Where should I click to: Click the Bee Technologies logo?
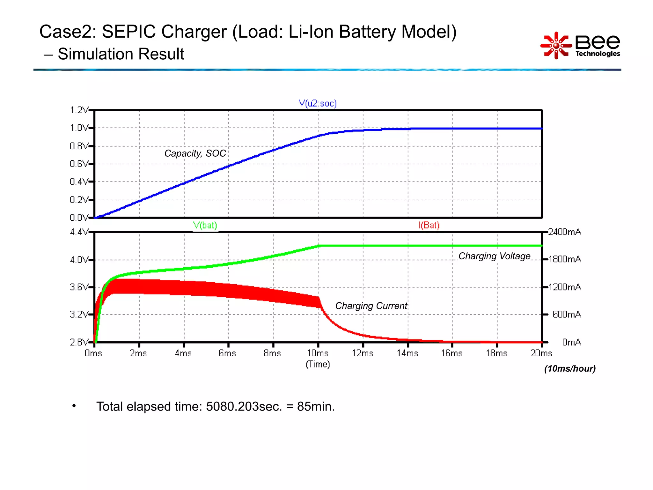(580, 46)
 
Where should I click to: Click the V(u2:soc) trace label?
(317, 103)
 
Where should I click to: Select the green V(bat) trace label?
(205, 225)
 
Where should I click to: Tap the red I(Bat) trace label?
(429, 225)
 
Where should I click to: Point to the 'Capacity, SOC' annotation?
(195, 153)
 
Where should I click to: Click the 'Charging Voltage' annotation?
(494, 256)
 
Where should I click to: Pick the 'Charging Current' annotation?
(371, 306)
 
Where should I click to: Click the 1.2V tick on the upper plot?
(78, 110)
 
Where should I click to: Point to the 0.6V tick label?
(78, 164)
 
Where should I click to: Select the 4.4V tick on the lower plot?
(78, 232)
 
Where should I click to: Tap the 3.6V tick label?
(78, 287)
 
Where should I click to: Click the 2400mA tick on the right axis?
(565, 232)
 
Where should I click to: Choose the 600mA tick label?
(567, 315)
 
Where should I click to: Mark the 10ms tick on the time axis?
(318, 353)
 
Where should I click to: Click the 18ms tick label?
(496, 353)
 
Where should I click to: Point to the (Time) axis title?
(318, 364)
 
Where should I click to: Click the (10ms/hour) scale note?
(570, 369)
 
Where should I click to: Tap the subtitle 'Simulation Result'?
(121, 54)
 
